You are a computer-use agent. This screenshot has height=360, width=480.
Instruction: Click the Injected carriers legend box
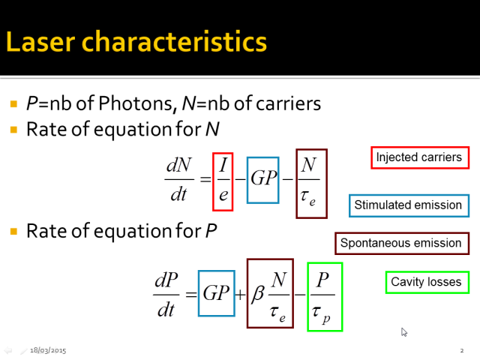click(420, 157)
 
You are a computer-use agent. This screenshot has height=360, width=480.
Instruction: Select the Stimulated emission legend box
click(409, 205)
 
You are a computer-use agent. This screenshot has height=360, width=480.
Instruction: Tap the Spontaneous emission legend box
click(402, 243)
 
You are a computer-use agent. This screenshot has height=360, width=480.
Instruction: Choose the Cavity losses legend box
click(427, 282)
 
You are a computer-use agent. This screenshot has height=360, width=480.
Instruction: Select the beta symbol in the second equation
click(258, 295)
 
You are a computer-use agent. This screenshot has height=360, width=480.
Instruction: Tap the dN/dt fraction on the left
click(179, 179)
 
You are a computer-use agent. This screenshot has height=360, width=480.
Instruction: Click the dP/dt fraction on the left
click(166, 295)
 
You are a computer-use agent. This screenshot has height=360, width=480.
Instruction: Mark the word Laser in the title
click(40, 42)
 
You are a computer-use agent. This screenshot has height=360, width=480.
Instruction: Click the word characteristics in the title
click(174, 41)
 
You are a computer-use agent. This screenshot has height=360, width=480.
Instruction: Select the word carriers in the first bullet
click(288, 103)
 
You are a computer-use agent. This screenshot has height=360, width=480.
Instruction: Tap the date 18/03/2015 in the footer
click(48, 350)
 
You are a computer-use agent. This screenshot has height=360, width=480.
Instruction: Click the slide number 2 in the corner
click(462, 350)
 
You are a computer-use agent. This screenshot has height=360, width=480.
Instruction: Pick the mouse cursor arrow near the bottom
click(404, 332)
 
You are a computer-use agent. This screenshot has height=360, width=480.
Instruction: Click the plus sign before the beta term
click(240, 295)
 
